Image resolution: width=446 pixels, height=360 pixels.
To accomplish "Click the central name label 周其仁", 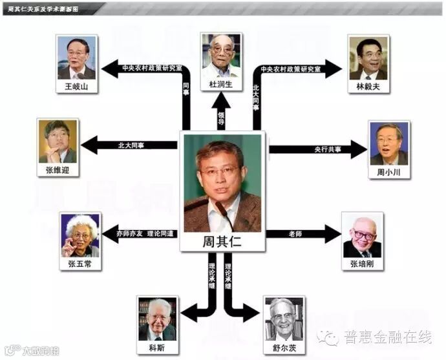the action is pos(222,242).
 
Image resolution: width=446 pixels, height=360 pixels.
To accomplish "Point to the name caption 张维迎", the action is pos(58,171).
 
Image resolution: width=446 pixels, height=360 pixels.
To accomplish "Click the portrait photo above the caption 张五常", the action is pos(81,235).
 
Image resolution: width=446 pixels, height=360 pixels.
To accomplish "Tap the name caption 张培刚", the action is pos(362,264).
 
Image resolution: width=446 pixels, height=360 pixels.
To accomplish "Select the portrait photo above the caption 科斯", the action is pos(157,319).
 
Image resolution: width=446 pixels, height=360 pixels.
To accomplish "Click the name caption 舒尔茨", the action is pos(284,346).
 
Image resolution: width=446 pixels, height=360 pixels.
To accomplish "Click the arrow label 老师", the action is pos(294,233).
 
